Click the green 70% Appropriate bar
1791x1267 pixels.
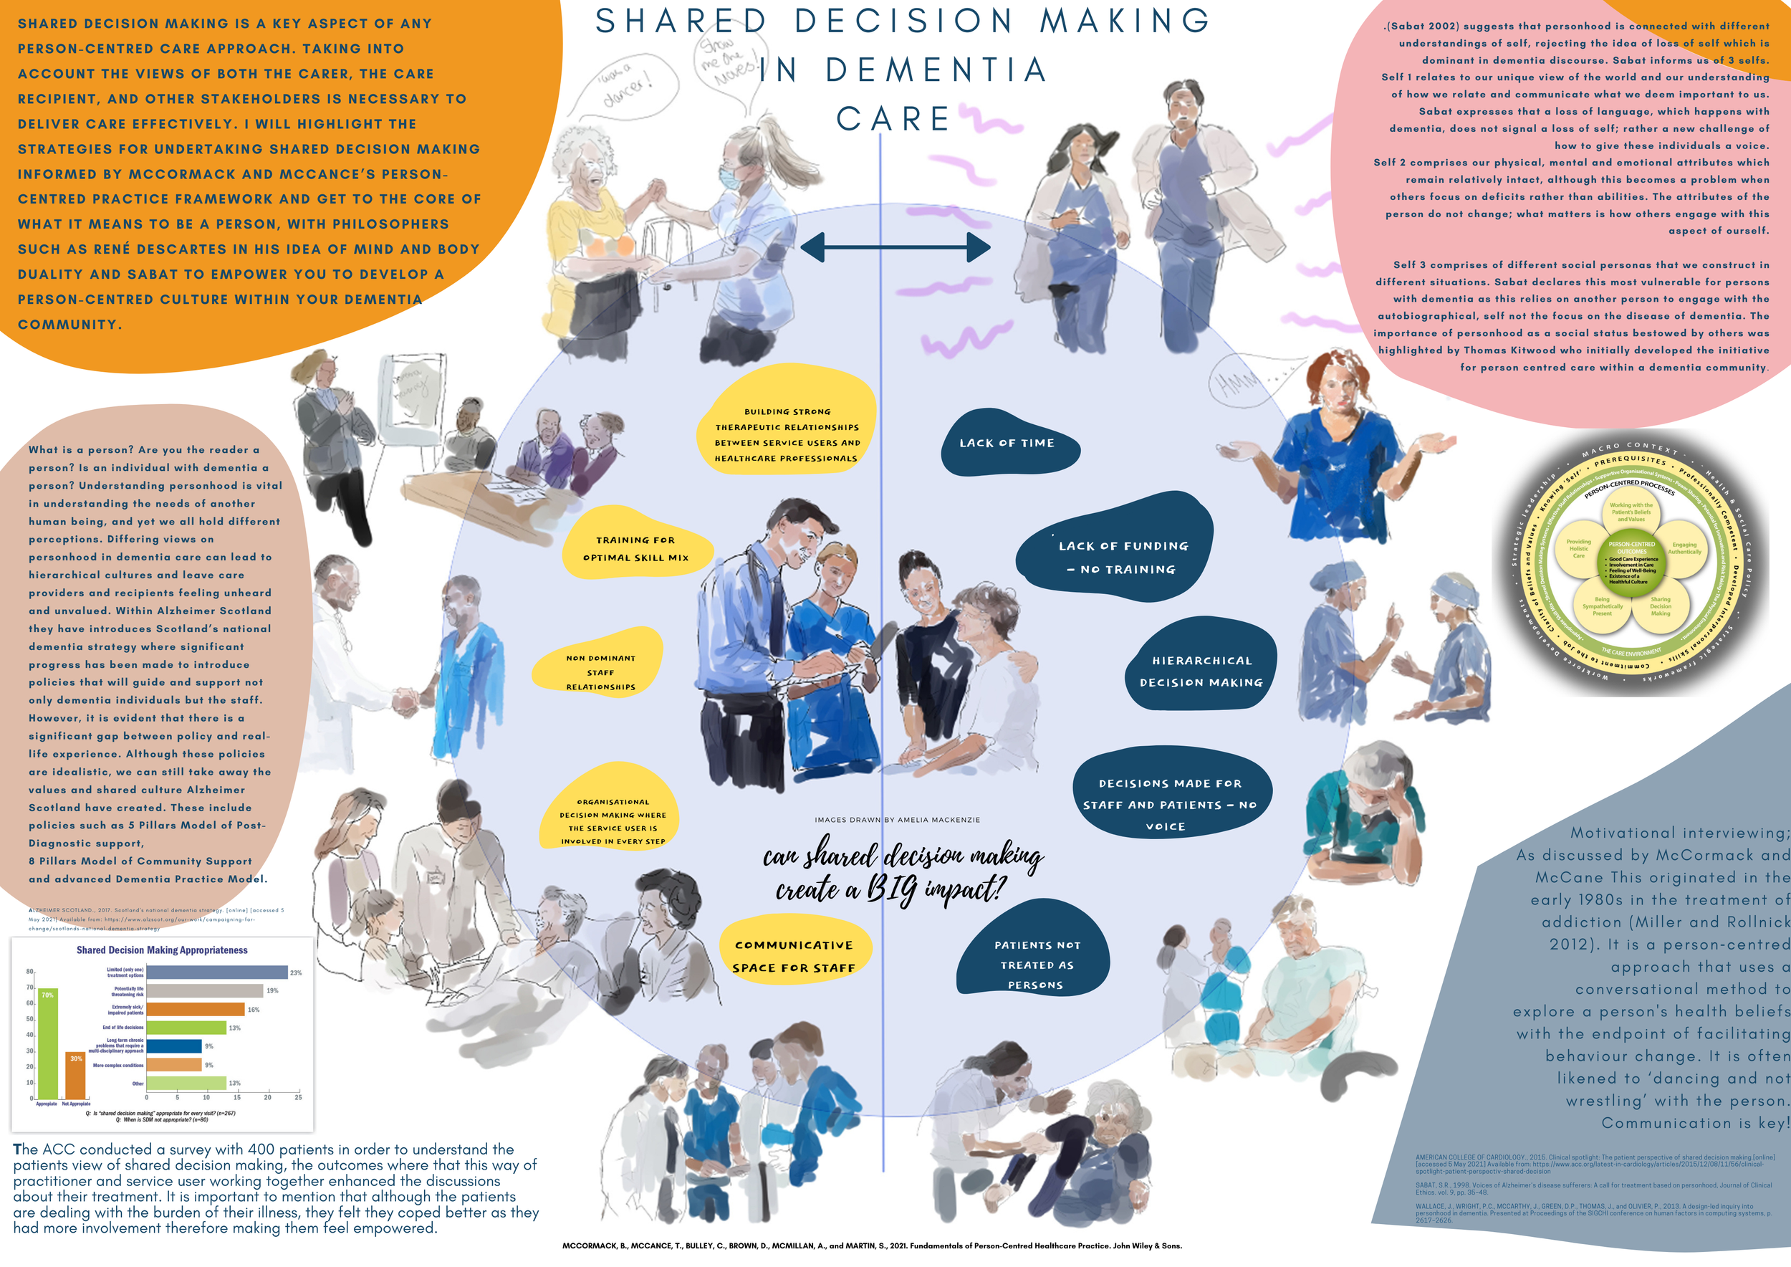tap(47, 1046)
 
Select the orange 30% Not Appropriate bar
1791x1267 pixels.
tap(75, 1076)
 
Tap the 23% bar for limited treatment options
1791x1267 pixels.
tap(217, 972)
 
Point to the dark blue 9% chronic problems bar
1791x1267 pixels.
tap(174, 1046)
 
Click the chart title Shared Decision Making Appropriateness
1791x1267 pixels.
tap(161, 950)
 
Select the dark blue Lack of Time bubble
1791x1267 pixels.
tap(1007, 443)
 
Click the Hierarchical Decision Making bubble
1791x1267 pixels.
tap(1201, 671)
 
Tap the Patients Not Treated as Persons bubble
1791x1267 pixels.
tap(1036, 965)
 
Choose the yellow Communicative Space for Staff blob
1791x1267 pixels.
tap(793, 956)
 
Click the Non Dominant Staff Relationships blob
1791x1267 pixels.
tap(600, 671)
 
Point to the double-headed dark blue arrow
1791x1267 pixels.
tap(895, 248)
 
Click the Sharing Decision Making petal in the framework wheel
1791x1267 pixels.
tap(1660, 606)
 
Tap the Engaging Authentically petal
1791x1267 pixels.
tap(1684, 548)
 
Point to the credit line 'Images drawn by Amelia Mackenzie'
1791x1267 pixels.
tap(897, 820)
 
